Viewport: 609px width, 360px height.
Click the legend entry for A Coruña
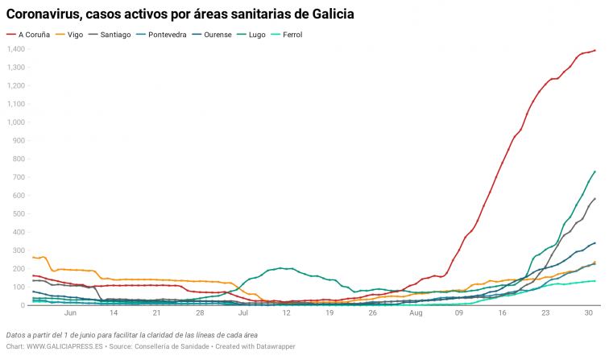[x=33, y=35]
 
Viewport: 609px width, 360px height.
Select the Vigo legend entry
[x=75, y=35]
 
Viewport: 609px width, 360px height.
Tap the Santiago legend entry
[x=118, y=35]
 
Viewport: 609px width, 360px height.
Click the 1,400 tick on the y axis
[x=17, y=49]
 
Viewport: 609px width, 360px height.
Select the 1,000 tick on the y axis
[x=17, y=122]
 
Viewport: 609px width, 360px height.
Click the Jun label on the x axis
[x=70, y=312]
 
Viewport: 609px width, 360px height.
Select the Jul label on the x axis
[x=243, y=312]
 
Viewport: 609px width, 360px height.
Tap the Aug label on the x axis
[x=416, y=312]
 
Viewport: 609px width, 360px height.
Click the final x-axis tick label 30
[x=589, y=312]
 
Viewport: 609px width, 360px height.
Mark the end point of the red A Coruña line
[x=594, y=50]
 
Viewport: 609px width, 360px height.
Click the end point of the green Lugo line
[x=594, y=172]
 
